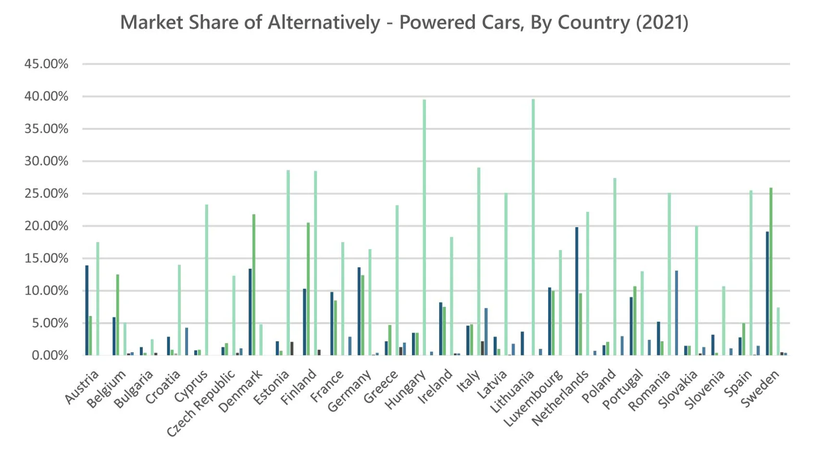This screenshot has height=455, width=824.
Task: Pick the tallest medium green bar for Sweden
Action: [771, 271]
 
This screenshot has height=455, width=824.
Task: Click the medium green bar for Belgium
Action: [117, 315]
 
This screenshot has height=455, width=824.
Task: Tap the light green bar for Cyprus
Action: [207, 280]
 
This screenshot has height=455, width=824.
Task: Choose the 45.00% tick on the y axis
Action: [46, 64]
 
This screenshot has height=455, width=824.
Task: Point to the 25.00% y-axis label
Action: [46, 193]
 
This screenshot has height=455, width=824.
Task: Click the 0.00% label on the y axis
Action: [50, 355]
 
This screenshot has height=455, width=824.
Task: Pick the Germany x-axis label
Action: [349, 391]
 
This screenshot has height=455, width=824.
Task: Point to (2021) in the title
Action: [662, 23]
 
